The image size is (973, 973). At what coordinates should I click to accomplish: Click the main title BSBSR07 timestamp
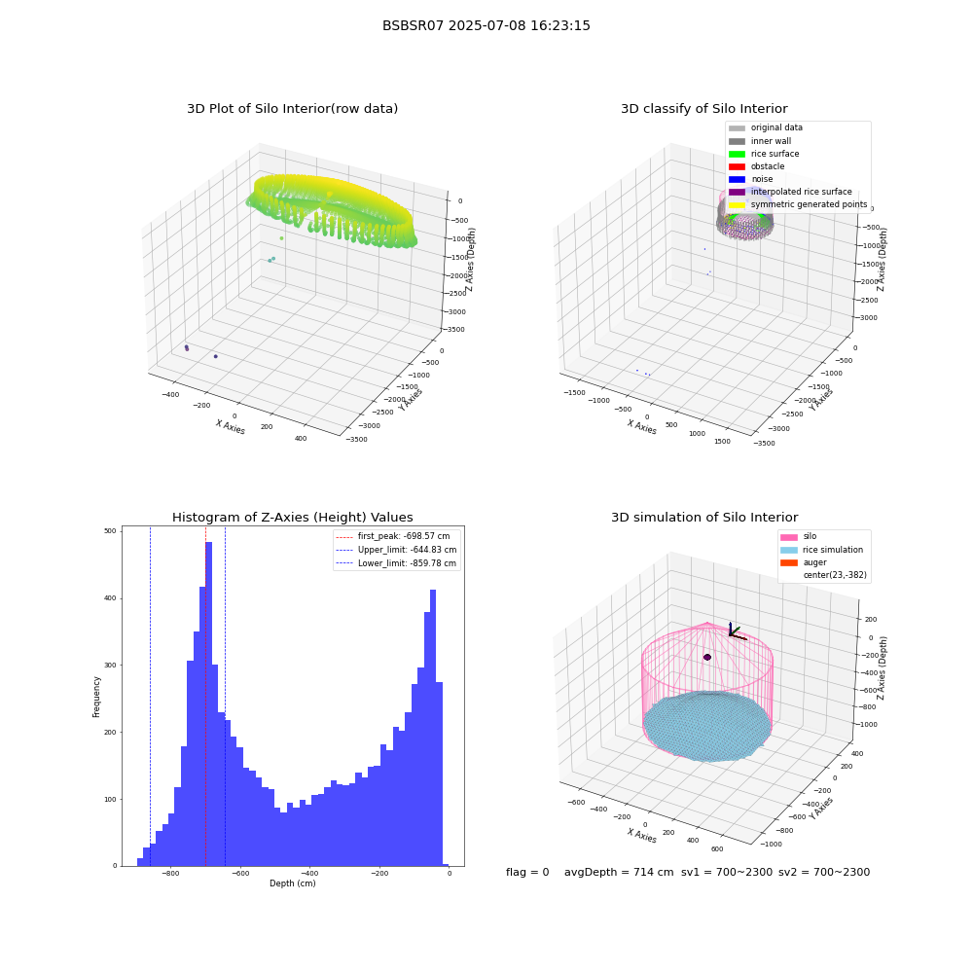click(486, 25)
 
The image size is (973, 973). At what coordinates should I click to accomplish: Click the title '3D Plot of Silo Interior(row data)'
click(292, 109)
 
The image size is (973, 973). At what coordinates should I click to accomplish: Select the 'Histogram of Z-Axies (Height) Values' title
click(292, 518)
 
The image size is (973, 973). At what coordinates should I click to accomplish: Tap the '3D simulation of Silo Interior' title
click(704, 518)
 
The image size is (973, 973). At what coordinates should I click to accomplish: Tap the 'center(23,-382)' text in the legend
click(835, 575)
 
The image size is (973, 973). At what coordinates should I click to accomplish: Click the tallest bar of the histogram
click(208, 703)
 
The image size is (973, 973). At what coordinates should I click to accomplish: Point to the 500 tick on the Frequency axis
click(110, 531)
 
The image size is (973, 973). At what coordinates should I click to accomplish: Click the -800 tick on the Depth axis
click(170, 874)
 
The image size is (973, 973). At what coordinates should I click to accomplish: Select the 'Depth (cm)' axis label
click(292, 883)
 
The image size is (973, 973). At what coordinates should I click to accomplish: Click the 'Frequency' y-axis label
click(96, 697)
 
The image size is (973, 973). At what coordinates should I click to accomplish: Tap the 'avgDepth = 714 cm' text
click(619, 873)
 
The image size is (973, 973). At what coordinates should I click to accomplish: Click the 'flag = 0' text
click(527, 873)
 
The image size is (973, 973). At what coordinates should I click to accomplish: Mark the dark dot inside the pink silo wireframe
click(707, 657)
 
